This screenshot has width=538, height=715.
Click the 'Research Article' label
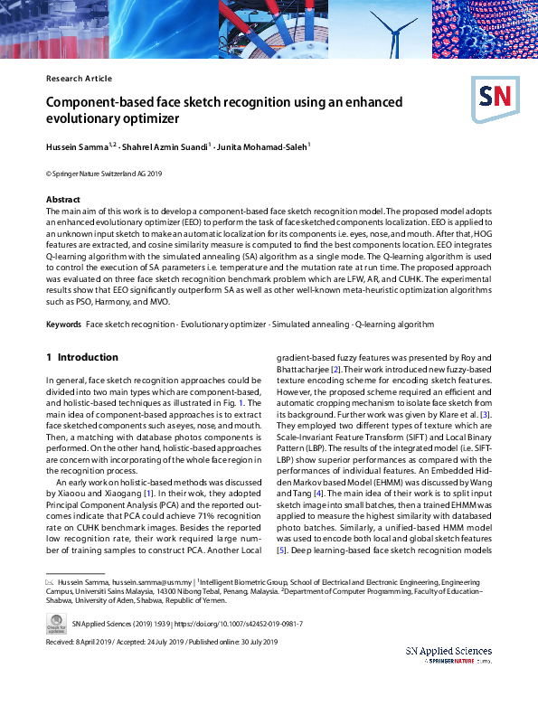click(79, 79)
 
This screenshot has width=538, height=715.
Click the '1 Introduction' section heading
click(82, 357)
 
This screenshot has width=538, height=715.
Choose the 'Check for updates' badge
click(56, 624)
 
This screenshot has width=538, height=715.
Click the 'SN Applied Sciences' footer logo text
click(448, 651)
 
